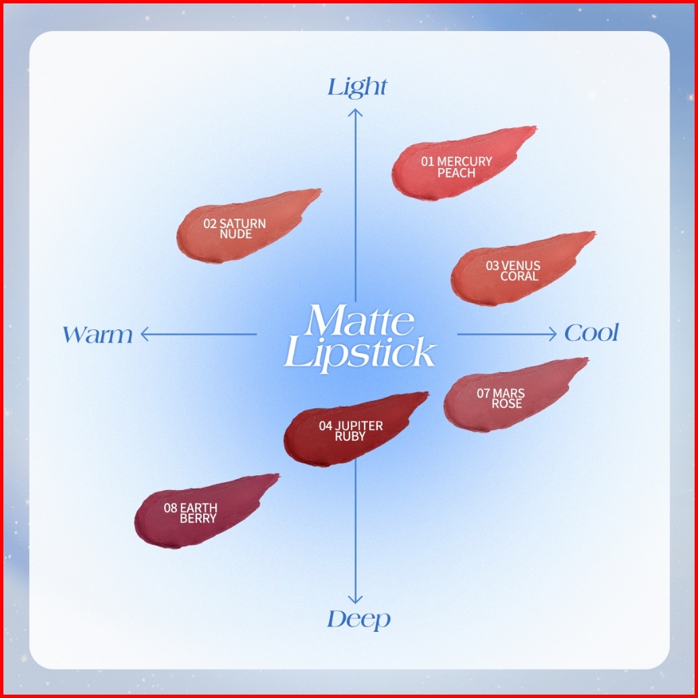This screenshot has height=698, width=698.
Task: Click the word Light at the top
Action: click(x=357, y=87)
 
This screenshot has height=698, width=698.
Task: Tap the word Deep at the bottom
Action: click(x=359, y=619)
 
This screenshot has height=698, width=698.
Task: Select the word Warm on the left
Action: click(x=97, y=335)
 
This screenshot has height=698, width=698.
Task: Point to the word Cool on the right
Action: click(x=591, y=333)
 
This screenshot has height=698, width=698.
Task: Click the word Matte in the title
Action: click(x=360, y=320)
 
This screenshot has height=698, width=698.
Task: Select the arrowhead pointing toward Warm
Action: click(x=144, y=334)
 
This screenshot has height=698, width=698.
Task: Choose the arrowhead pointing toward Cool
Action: click(x=552, y=334)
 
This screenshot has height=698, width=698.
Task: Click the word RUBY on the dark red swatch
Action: click(x=350, y=436)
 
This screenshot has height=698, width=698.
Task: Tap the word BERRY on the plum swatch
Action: click(x=198, y=518)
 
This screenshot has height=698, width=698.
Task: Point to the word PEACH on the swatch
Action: click(x=456, y=173)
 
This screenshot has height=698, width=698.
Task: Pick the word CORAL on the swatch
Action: click(x=520, y=277)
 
